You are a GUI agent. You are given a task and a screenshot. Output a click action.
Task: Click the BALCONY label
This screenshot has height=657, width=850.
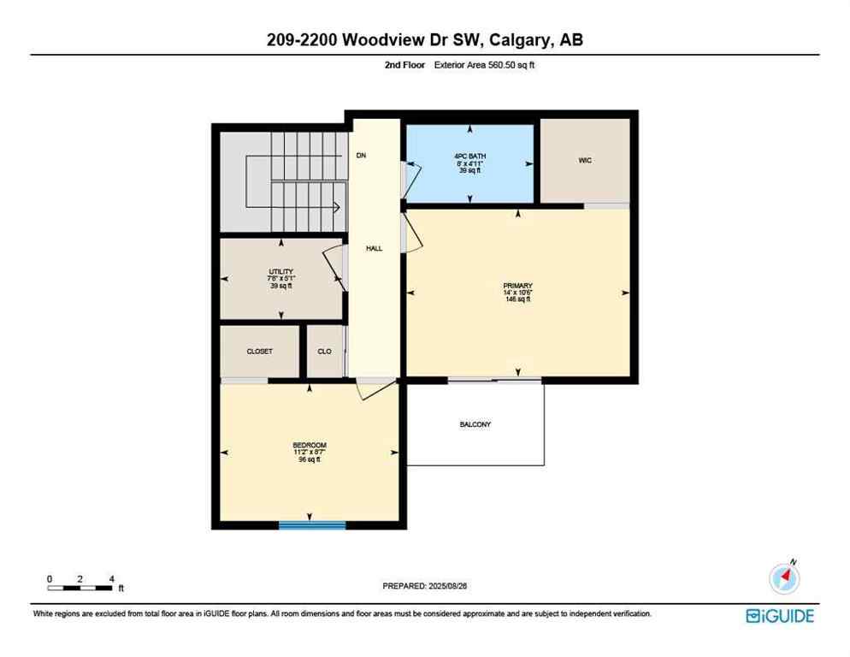[x=475, y=424]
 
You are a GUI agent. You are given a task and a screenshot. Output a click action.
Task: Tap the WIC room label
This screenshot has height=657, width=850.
[x=585, y=160]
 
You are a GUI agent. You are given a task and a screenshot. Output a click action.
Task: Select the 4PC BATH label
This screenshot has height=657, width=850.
[x=469, y=156]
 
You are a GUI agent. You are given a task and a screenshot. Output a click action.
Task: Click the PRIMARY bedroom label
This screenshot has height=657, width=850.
[x=517, y=285]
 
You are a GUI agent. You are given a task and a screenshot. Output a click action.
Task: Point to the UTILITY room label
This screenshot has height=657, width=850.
[x=280, y=272]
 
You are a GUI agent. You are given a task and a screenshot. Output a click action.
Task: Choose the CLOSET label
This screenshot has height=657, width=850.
[x=259, y=352]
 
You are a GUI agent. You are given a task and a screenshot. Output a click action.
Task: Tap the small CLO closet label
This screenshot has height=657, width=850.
[x=324, y=352]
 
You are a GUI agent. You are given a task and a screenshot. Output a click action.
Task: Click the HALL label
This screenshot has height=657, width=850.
[x=374, y=249]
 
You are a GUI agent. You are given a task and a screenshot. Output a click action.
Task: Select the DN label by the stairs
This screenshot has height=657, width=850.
[x=362, y=156]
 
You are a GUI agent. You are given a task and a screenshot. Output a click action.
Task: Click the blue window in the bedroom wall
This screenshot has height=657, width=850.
[x=312, y=524]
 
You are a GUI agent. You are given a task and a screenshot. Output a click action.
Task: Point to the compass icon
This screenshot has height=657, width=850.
[x=783, y=578]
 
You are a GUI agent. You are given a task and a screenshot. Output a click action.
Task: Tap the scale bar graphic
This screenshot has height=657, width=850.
[x=80, y=588]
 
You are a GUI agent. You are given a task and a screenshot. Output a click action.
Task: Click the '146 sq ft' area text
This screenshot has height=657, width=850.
[x=517, y=299]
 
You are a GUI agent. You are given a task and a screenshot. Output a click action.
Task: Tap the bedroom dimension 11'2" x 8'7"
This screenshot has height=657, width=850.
[x=309, y=453]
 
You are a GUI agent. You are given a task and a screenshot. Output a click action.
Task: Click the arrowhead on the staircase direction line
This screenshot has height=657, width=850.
[x=338, y=206]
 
